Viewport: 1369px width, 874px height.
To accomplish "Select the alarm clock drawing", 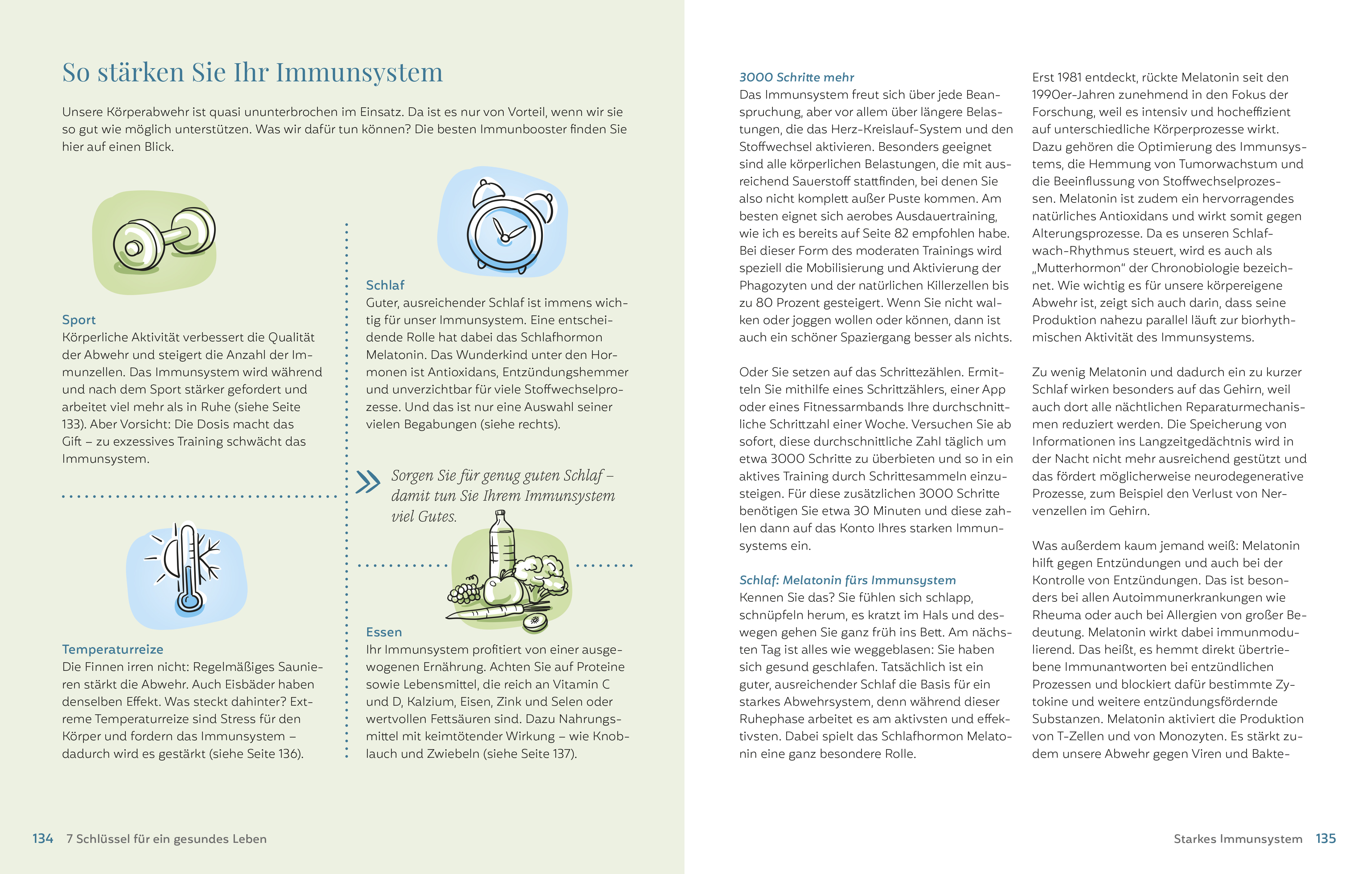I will pos(506,228).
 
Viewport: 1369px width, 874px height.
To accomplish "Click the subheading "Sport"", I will pos(79,320).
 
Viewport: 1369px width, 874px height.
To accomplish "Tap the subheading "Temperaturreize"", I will pos(113,649).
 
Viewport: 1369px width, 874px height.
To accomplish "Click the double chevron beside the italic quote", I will pos(368,482).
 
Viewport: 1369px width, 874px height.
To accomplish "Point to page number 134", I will pos(43,839).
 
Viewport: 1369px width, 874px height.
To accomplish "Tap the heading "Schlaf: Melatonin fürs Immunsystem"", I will pos(847,580).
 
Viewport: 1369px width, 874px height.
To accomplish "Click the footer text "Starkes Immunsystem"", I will pos(1238,839).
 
